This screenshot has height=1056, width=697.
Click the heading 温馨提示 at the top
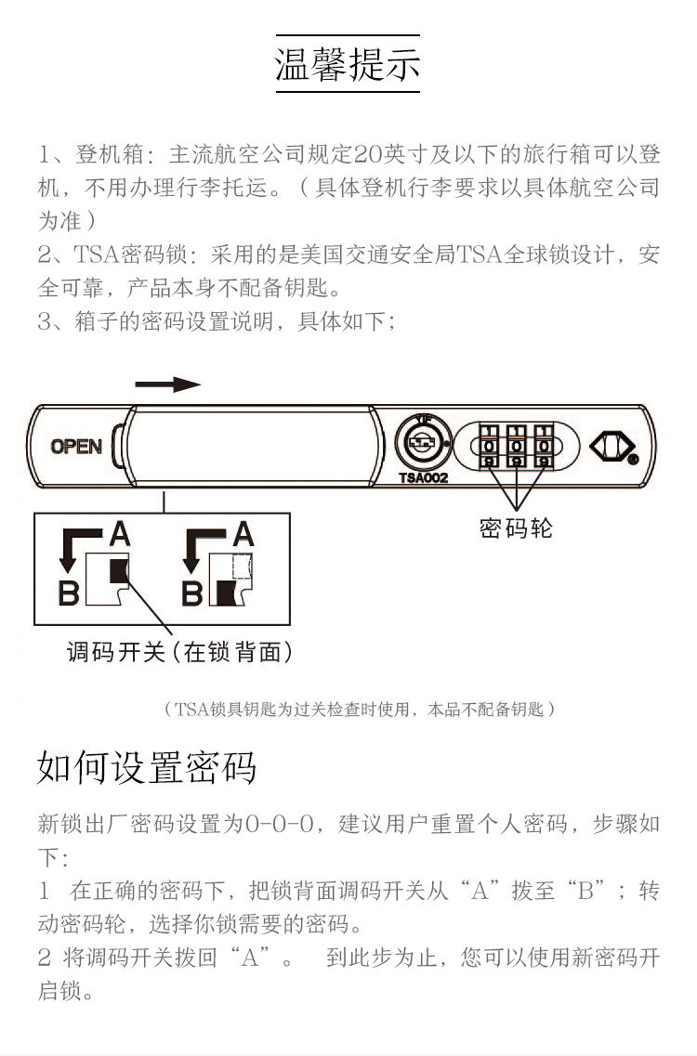(x=348, y=65)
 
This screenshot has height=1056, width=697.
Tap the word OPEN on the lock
(x=76, y=447)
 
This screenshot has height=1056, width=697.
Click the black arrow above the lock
(x=168, y=385)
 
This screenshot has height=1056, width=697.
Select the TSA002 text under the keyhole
(x=424, y=477)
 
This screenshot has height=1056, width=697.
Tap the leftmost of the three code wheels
(x=489, y=446)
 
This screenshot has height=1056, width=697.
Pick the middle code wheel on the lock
(x=517, y=446)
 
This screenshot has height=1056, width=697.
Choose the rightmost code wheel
(x=544, y=446)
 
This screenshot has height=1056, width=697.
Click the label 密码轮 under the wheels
(x=516, y=528)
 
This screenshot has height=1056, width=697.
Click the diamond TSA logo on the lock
(x=612, y=446)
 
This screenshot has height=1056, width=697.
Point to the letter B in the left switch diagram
(x=69, y=593)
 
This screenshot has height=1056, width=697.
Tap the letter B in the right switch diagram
(x=192, y=593)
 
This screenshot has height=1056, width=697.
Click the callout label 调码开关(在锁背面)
(x=180, y=652)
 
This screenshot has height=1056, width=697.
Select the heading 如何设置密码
(x=146, y=766)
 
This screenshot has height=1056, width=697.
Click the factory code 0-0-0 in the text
(x=280, y=824)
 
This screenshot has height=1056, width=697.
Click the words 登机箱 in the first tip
(x=110, y=154)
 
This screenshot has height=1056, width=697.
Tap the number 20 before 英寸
(x=368, y=154)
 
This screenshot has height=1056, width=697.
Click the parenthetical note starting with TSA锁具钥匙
(x=360, y=709)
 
